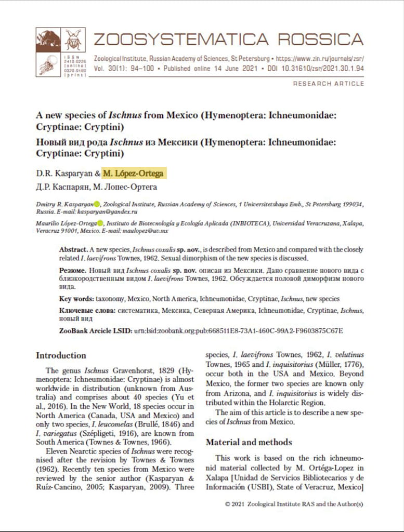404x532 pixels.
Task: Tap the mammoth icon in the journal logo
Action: pos(48,39)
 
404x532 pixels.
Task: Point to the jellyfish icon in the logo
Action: pos(48,65)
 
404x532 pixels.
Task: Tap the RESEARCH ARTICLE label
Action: pos(328,84)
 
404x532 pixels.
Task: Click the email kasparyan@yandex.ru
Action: pos(111,212)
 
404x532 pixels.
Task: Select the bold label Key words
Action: pos(76,299)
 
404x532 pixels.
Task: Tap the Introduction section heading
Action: pos(61,356)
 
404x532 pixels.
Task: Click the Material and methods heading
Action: pos(249,443)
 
